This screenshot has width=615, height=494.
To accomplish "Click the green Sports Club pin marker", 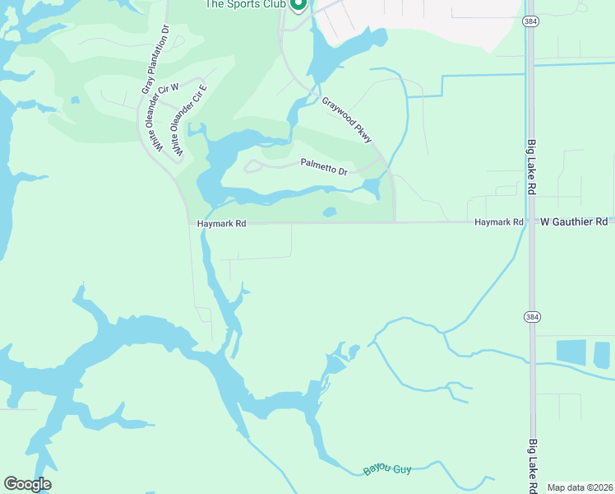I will pyautogui.click(x=298, y=5).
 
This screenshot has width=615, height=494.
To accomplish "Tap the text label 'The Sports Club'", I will pyautogui.click(x=244, y=4).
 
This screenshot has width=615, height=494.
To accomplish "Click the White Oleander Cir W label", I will pyautogui.click(x=157, y=117).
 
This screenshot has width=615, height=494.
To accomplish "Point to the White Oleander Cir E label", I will pyautogui.click(x=187, y=123).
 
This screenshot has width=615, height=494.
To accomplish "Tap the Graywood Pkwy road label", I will pyautogui.click(x=347, y=120).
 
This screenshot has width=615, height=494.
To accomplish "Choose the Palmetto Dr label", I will pyautogui.click(x=324, y=168).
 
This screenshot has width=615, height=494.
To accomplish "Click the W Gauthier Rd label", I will pyautogui.click(x=574, y=222).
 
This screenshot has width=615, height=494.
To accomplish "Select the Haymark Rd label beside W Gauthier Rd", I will pyautogui.click(x=499, y=222).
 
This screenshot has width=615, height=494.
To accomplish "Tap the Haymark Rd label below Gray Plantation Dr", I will pyautogui.click(x=222, y=223).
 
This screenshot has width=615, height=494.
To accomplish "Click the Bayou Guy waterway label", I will pyautogui.click(x=386, y=469).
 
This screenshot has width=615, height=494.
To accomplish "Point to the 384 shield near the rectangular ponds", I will pyautogui.click(x=531, y=316).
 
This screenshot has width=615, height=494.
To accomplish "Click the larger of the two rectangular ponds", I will pyautogui.click(x=571, y=352).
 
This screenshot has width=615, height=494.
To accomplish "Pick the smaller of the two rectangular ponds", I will pyautogui.click(x=602, y=354).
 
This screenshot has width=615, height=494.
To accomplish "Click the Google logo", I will pyautogui.click(x=27, y=484).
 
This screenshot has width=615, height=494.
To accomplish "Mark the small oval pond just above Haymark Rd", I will pyautogui.click(x=330, y=212).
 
